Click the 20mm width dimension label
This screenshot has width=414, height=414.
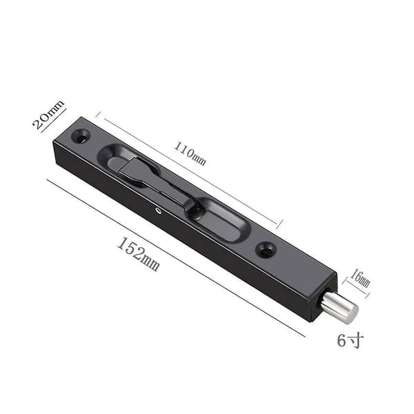(48, 114)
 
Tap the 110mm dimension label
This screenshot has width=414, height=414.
(190, 154)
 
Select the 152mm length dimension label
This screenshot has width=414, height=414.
(138, 254)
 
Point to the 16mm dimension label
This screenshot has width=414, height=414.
(359, 278)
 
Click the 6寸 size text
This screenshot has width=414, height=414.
(351, 340)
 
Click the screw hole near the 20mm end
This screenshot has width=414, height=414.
(81, 136)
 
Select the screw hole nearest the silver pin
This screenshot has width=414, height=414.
(266, 249)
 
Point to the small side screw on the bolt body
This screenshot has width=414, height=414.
(159, 210)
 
